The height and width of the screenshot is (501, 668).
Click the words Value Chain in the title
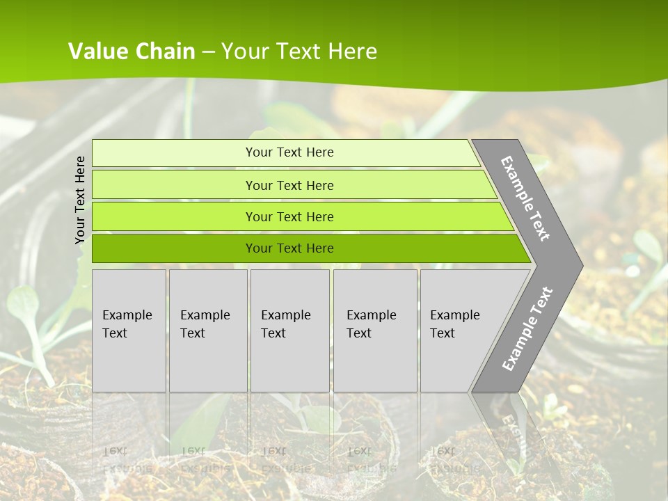[x=132, y=51]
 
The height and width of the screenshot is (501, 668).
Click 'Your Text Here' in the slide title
[x=299, y=51]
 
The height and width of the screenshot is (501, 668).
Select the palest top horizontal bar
[x=174, y=152]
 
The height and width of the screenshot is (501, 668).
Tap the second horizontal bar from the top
[x=174, y=185]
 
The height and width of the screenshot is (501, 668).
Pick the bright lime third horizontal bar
[x=174, y=217]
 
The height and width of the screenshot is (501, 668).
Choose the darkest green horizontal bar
[x=174, y=248]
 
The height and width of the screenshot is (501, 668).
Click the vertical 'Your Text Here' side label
[x=80, y=200]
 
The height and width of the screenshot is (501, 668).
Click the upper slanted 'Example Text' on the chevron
[x=525, y=198]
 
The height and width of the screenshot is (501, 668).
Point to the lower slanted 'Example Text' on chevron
[x=527, y=329]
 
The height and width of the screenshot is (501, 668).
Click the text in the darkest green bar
[x=289, y=248]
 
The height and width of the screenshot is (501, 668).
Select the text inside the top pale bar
[x=289, y=152]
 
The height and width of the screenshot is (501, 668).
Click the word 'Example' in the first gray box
[x=127, y=315]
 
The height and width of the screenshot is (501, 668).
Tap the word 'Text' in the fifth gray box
[x=443, y=333]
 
